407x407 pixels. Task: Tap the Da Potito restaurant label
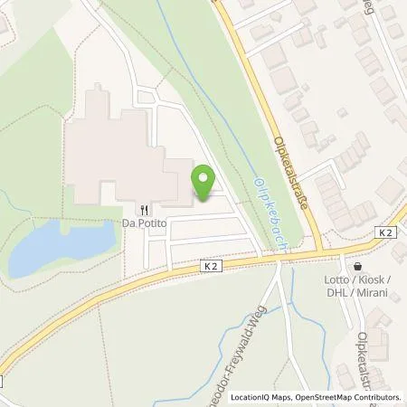pos(148,222)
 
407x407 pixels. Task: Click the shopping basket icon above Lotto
pos(359,268)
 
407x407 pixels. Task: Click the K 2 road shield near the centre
pos(211,267)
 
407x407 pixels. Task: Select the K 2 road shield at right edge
pos(385,232)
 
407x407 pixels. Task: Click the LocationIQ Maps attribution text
pos(263,396)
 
